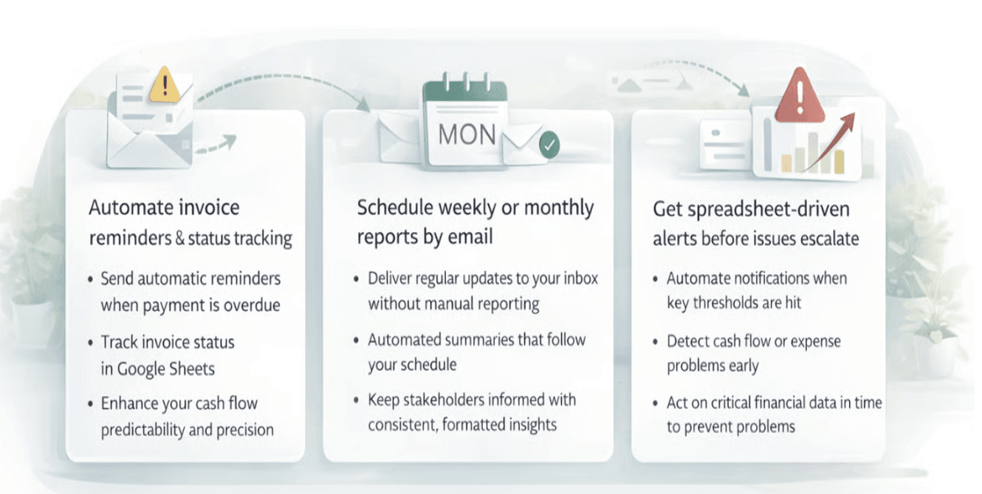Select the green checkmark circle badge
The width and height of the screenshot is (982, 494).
[x=548, y=145]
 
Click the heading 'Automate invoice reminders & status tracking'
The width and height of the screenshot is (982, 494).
[x=190, y=223]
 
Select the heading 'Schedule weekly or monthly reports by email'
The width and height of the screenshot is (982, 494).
[x=475, y=222]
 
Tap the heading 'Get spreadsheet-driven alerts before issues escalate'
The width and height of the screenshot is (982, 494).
[x=755, y=223]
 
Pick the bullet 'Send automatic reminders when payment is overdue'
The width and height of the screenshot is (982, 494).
[x=190, y=292]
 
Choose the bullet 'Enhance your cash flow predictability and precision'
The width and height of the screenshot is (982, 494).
[x=186, y=417]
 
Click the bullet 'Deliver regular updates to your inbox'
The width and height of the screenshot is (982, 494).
[x=482, y=279]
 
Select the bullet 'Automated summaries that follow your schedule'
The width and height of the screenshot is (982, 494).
[x=476, y=352]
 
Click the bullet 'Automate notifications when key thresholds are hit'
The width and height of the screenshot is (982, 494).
[x=756, y=291]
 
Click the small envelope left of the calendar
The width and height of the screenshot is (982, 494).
[x=399, y=139]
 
